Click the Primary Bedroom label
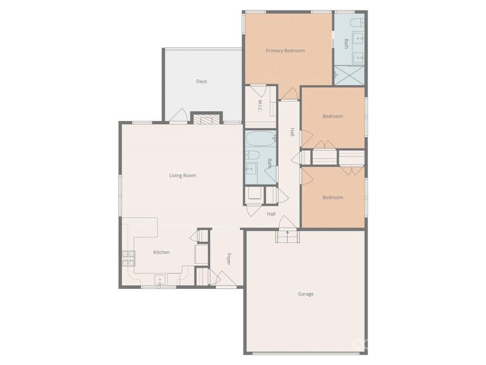(x=285, y=50)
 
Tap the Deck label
(x=201, y=82)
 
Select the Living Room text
(x=182, y=176)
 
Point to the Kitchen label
(x=161, y=252)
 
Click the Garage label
(x=306, y=294)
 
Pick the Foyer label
(x=229, y=259)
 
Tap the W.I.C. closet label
(x=260, y=106)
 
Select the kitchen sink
(x=160, y=280)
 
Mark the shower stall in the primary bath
(x=349, y=75)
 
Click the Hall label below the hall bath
(x=271, y=214)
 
